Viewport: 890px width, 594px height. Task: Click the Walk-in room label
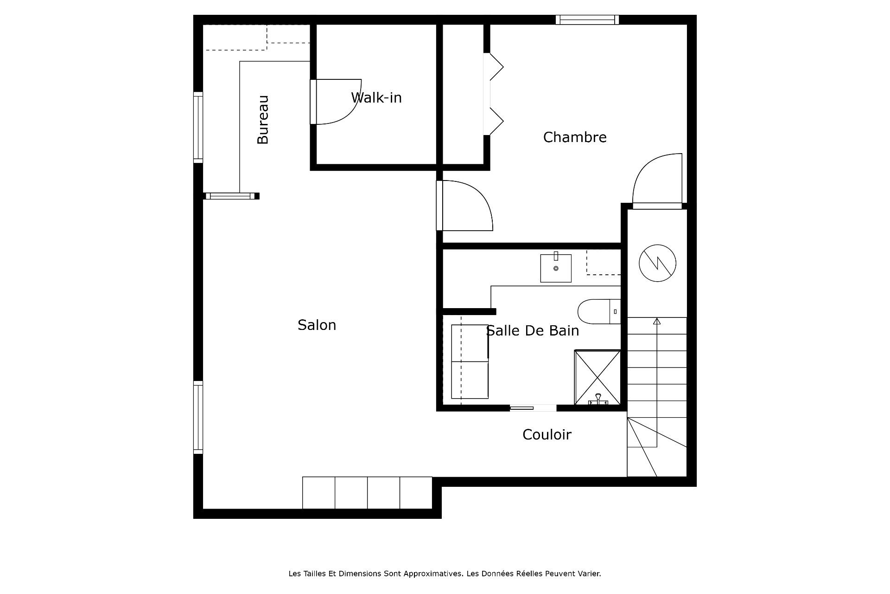[376, 97]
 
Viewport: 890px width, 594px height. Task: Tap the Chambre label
[575, 137]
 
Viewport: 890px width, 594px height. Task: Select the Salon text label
[317, 325]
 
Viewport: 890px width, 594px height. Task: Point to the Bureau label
[263, 120]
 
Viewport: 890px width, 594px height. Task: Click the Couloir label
[547, 434]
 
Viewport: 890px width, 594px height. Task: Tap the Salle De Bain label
[533, 330]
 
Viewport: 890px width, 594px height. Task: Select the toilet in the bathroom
[599, 311]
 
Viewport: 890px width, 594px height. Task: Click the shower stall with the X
[598, 377]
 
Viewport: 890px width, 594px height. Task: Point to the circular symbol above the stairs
[657, 263]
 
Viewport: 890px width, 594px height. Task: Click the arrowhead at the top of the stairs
[657, 321]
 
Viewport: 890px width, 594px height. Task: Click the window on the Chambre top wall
[587, 19]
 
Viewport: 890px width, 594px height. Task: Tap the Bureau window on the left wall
[198, 127]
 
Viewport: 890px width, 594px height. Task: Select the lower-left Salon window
[198, 417]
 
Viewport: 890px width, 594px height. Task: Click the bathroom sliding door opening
[533, 408]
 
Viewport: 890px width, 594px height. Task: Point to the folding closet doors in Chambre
[493, 94]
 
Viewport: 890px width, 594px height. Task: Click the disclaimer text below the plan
[445, 574]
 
